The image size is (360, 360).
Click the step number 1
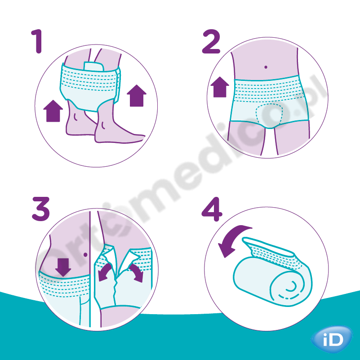(37, 41)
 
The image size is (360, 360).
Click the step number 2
(211, 41)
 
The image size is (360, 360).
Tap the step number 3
(41, 209)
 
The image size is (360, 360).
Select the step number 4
(212, 209)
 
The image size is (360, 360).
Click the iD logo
(332, 339)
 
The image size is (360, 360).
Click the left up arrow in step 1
(53, 111)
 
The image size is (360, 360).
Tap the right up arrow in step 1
(137, 96)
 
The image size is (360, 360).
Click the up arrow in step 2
(220, 87)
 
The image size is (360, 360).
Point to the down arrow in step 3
(63, 267)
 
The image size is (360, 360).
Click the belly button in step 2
(266, 67)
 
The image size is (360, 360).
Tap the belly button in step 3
(85, 255)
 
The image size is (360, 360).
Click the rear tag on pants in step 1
(93, 67)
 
